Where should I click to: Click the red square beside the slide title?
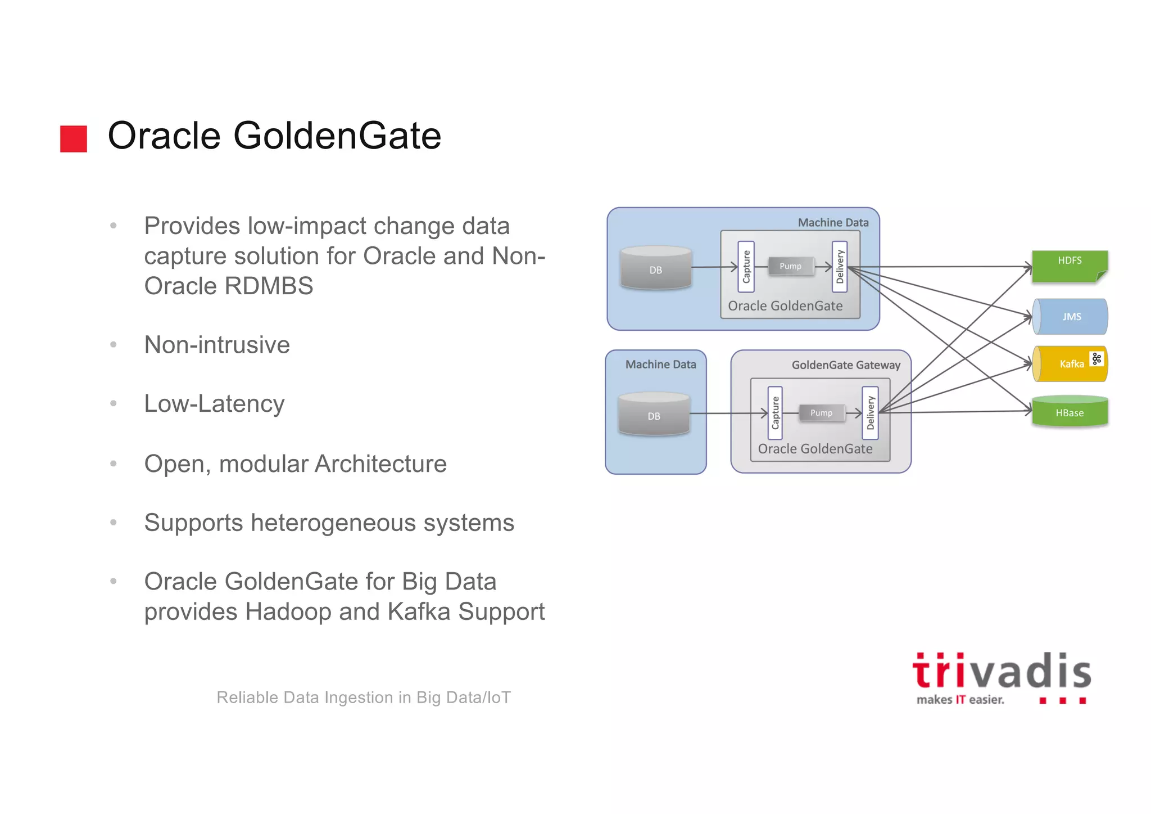coord(74,138)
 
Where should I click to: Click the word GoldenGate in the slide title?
coord(337,136)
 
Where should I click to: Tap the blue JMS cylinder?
coord(1071,317)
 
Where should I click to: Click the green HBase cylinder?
coord(1070,412)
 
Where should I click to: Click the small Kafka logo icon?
coord(1096,359)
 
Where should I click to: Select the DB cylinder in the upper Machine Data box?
coord(655,268)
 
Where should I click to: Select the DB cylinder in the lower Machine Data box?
coord(654,415)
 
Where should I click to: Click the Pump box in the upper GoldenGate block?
coord(790,266)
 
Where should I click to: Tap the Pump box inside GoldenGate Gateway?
coord(821,413)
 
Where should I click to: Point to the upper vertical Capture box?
coord(746,267)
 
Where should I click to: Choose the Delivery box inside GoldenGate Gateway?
coord(870,413)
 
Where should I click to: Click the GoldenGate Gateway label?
coord(846,365)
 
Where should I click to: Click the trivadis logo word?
coord(1001,672)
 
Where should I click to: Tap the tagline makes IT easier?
coord(960,700)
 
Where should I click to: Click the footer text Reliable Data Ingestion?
coord(364,698)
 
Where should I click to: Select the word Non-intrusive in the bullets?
coord(217,345)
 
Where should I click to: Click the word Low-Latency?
coord(214,404)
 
